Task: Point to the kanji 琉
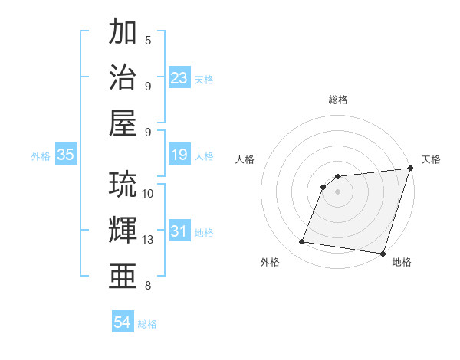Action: pyautogui.click(x=124, y=185)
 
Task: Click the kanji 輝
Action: pyautogui.click(x=124, y=231)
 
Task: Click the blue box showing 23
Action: pyautogui.click(x=179, y=78)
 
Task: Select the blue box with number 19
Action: pyautogui.click(x=179, y=155)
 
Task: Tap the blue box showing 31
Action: pyautogui.click(x=179, y=232)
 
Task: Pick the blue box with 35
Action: pyautogui.click(x=66, y=155)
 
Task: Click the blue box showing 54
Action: pyautogui.click(x=123, y=323)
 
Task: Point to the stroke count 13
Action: pyautogui.click(x=148, y=240)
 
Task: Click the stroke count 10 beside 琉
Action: pyautogui.click(x=148, y=194)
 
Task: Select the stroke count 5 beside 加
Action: pyautogui.click(x=148, y=41)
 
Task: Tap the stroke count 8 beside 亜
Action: pyautogui.click(x=148, y=286)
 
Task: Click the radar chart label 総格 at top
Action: pyautogui.click(x=338, y=100)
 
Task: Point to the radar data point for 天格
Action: pyautogui.click(x=410, y=169)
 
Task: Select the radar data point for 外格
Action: pyautogui.click(x=302, y=242)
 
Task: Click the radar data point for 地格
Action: pyautogui.click(x=382, y=253)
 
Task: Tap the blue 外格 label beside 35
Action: pyautogui.click(x=41, y=156)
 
